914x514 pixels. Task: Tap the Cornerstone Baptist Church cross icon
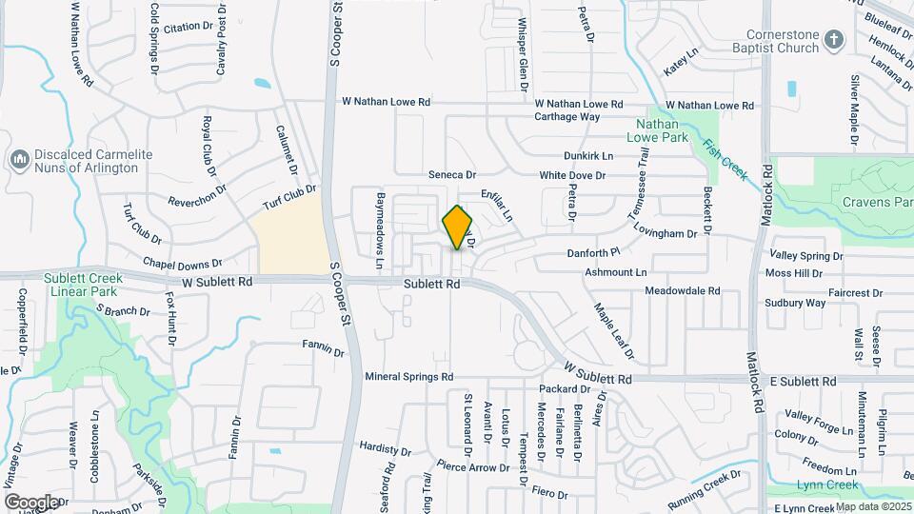point(834,40)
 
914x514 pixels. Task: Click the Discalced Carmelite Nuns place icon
point(19,160)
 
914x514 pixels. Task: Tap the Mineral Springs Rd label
point(408,377)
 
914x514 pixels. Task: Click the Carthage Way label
point(567,117)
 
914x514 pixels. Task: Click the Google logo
point(31,502)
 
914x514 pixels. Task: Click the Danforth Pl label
point(593,252)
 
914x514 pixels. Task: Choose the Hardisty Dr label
point(386,448)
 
